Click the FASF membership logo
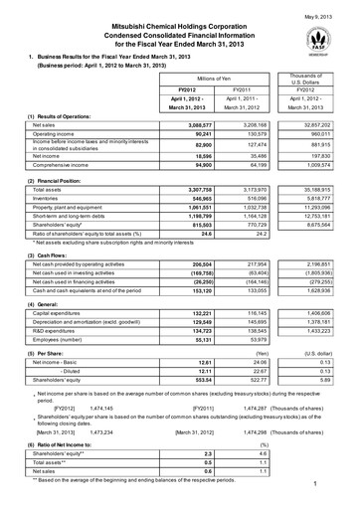click(x=316, y=39)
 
